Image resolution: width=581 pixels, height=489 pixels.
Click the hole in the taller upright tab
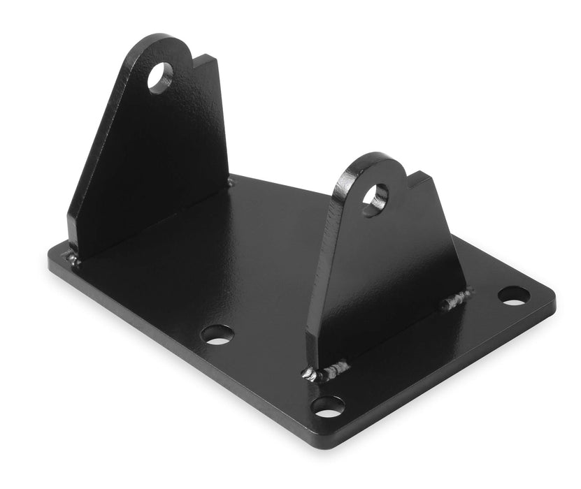pos(161,78)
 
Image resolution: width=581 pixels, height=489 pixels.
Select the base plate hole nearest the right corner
pos(514,295)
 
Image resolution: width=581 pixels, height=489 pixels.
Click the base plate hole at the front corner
pos(328,406)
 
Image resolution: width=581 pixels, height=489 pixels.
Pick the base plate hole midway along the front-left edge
pos(217,334)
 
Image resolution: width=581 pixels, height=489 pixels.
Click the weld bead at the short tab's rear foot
pos(457,298)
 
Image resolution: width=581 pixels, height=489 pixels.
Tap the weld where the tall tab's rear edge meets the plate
pos(230,182)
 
